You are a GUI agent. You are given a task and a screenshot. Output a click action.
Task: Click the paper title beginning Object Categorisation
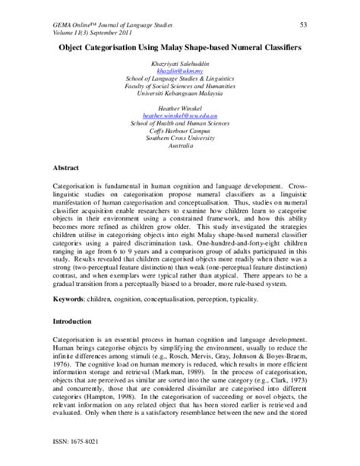(181, 46)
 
